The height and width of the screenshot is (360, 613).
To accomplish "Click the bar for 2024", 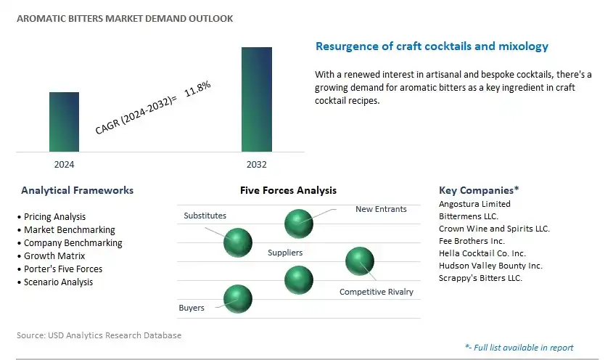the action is click(x=64, y=122).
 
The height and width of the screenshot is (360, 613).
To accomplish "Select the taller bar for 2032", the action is click(x=257, y=99).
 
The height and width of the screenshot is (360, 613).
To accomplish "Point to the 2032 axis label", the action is click(x=257, y=165).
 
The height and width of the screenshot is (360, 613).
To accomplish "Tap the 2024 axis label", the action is click(x=64, y=165).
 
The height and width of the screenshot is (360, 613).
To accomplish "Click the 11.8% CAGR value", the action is click(x=197, y=89).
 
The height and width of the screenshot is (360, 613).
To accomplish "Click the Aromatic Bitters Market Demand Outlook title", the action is click(x=125, y=18).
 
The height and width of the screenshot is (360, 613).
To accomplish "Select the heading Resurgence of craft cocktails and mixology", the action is click(x=432, y=46).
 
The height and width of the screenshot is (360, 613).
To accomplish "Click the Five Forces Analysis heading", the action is click(x=288, y=191).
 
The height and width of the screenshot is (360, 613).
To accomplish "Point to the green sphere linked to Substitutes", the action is click(x=238, y=242).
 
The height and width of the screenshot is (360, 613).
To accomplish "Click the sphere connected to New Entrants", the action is click(x=299, y=224).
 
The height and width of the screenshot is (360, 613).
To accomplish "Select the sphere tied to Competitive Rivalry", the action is click(x=360, y=261).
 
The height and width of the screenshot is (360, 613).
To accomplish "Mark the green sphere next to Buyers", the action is click(x=238, y=299).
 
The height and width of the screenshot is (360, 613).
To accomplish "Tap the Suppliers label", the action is click(x=285, y=253).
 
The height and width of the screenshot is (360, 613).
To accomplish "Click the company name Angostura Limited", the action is click(x=474, y=204).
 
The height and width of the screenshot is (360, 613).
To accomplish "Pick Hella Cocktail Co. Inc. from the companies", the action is click(x=482, y=253).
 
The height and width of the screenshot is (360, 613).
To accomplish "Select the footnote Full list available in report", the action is click(x=519, y=348).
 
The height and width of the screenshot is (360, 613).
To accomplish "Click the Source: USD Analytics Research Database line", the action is click(x=99, y=335).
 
